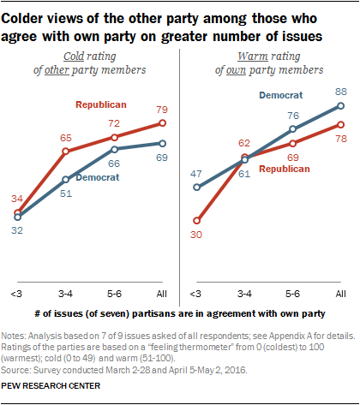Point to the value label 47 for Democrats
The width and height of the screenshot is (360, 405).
[196, 173]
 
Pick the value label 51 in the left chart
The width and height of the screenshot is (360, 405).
[65, 194]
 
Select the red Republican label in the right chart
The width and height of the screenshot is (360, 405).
[283, 170]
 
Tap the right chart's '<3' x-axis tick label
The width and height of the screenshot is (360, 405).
[197, 294]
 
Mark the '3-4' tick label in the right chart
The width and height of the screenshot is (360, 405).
[245, 294]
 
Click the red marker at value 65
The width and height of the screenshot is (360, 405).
[65, 152]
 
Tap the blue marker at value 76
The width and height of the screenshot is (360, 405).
[293, 130]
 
